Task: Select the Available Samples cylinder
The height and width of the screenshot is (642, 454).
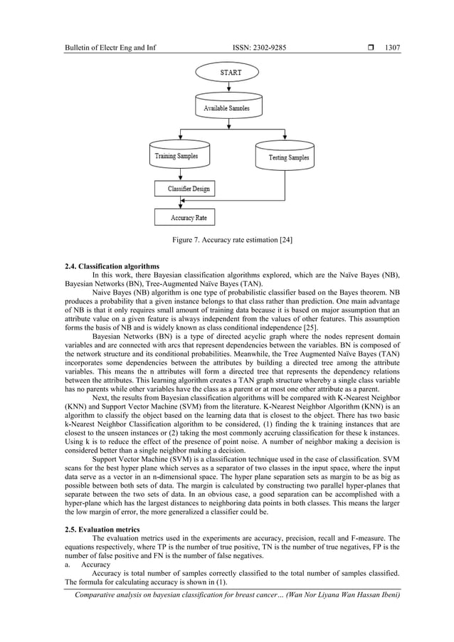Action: [x=226, y=107]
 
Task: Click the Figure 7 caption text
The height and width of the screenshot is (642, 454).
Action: [x=233, y=240]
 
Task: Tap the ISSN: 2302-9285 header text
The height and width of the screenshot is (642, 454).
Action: [x=260, y=48]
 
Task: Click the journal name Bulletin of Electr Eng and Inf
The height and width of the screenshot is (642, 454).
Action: [x=110, y=48]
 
